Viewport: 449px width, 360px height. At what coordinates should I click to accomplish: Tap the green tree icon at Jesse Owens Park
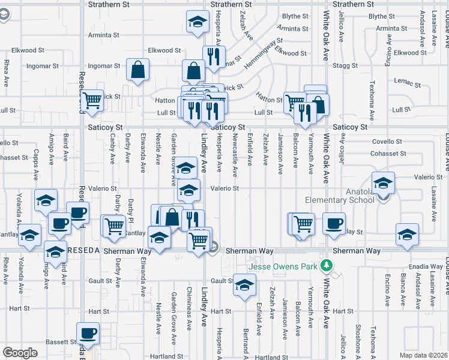[327, 264]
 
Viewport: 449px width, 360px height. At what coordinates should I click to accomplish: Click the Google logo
[20, 353]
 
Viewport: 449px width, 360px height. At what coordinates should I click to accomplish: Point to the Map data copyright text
[423, 355]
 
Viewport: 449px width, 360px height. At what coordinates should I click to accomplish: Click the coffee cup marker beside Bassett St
[87, 334]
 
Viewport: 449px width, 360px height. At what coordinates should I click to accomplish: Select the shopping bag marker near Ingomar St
[138, 70]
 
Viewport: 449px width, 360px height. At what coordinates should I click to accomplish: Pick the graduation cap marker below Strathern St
[196, 22]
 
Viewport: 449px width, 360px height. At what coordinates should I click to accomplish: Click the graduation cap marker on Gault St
[244, 285]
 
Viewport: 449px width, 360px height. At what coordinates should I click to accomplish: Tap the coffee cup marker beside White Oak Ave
[334, 223]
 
